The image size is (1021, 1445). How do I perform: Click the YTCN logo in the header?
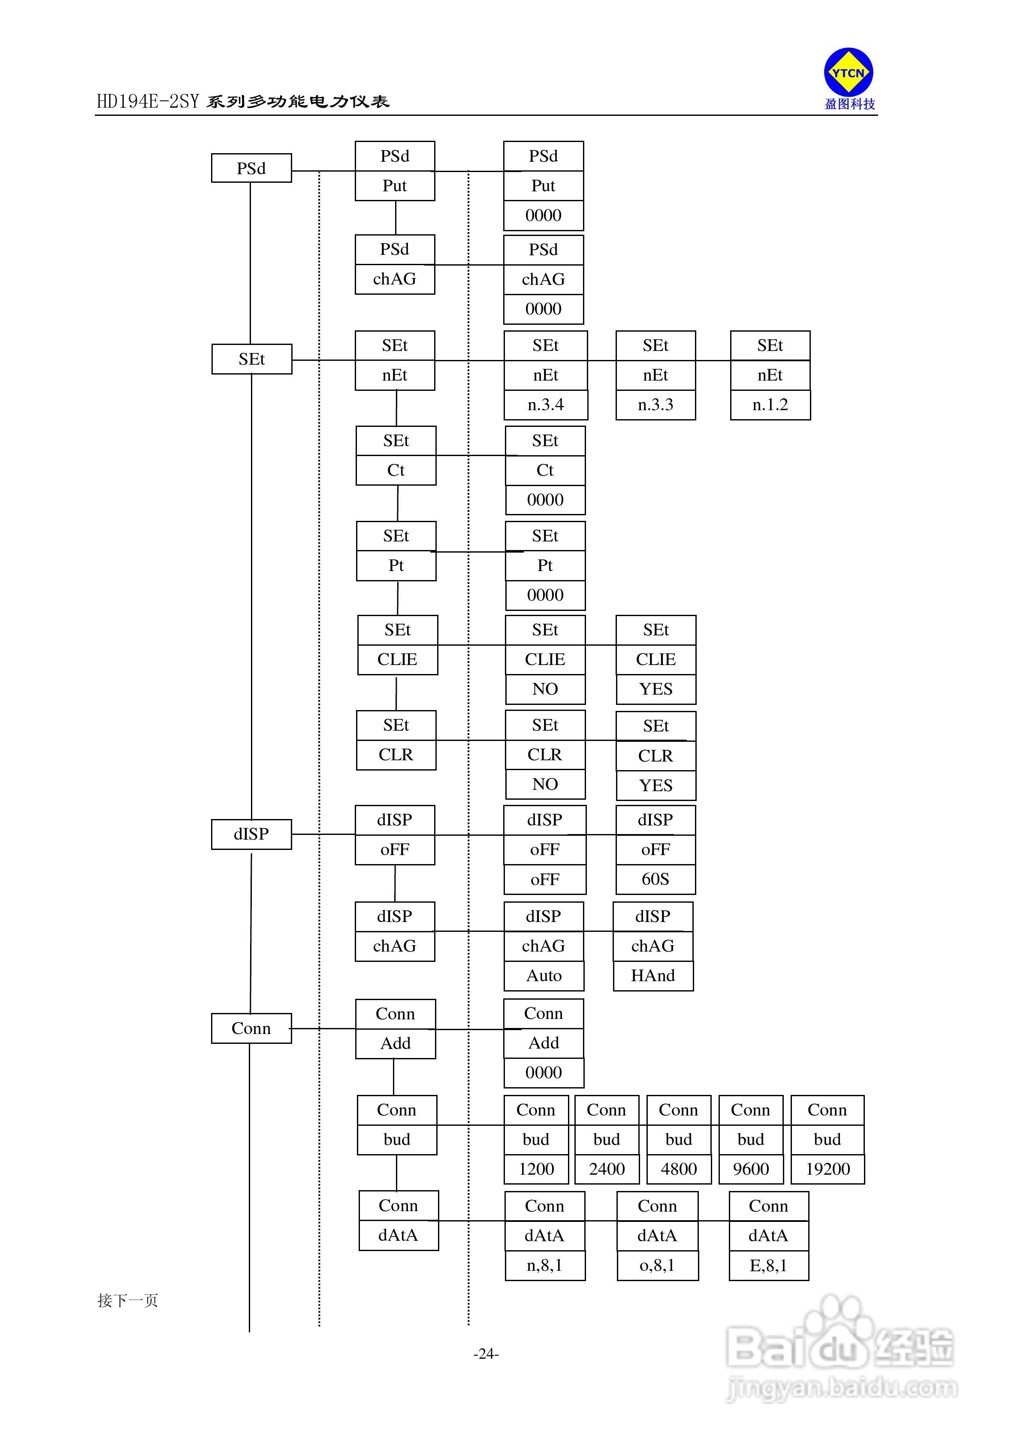point(849,73)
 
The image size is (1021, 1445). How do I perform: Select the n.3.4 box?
point(546,405)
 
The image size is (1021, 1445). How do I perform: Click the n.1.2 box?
point(770,405)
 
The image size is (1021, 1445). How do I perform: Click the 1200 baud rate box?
point(536,1169)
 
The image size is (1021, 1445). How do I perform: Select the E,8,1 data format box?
point(769,1265)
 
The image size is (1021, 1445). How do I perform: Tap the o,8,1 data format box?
point(657,1265)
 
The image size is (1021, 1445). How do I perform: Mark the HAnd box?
point(653,976)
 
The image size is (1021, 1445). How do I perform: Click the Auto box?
point(544,976)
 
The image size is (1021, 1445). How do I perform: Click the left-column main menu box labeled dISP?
point(251,834)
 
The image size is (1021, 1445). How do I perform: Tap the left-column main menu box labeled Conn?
point(251,1028)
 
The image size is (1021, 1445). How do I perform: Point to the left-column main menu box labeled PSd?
point(251,168)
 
